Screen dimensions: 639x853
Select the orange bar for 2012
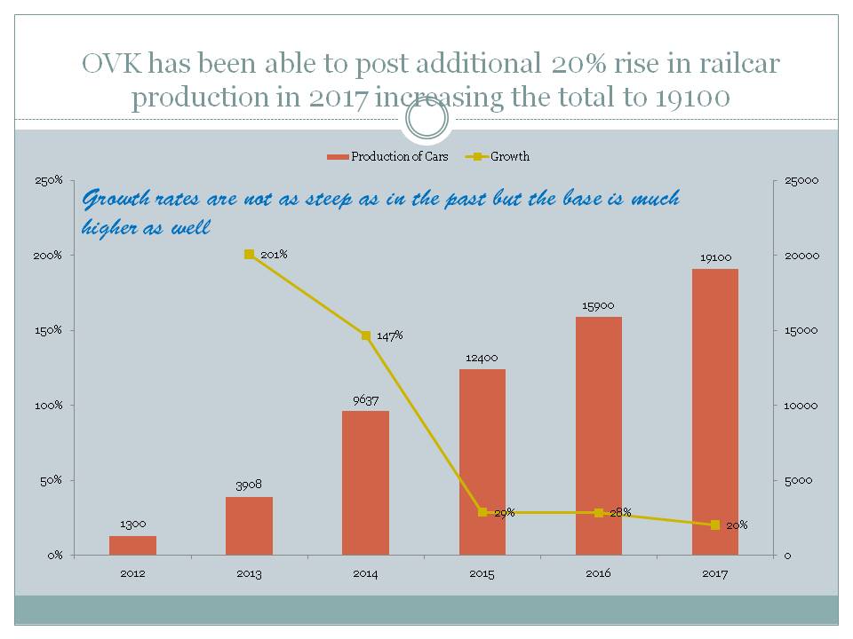pos(132,545)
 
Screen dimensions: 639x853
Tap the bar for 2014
pos(365,483)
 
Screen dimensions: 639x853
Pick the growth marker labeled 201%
pos(249,255)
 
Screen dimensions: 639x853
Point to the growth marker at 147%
pos(365,335)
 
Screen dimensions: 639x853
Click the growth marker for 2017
pos(715,525)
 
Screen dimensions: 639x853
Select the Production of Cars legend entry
pos(391,157)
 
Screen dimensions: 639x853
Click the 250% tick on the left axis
pos(48,181)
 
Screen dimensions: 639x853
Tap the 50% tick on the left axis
pos(51,480)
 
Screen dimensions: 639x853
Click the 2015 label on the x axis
pos(482,573)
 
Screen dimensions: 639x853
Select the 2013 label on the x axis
pos(249,573)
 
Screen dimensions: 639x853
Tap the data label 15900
pos(598,306)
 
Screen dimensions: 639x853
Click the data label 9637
pos(365,400)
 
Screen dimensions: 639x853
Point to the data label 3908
pos(249,486)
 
